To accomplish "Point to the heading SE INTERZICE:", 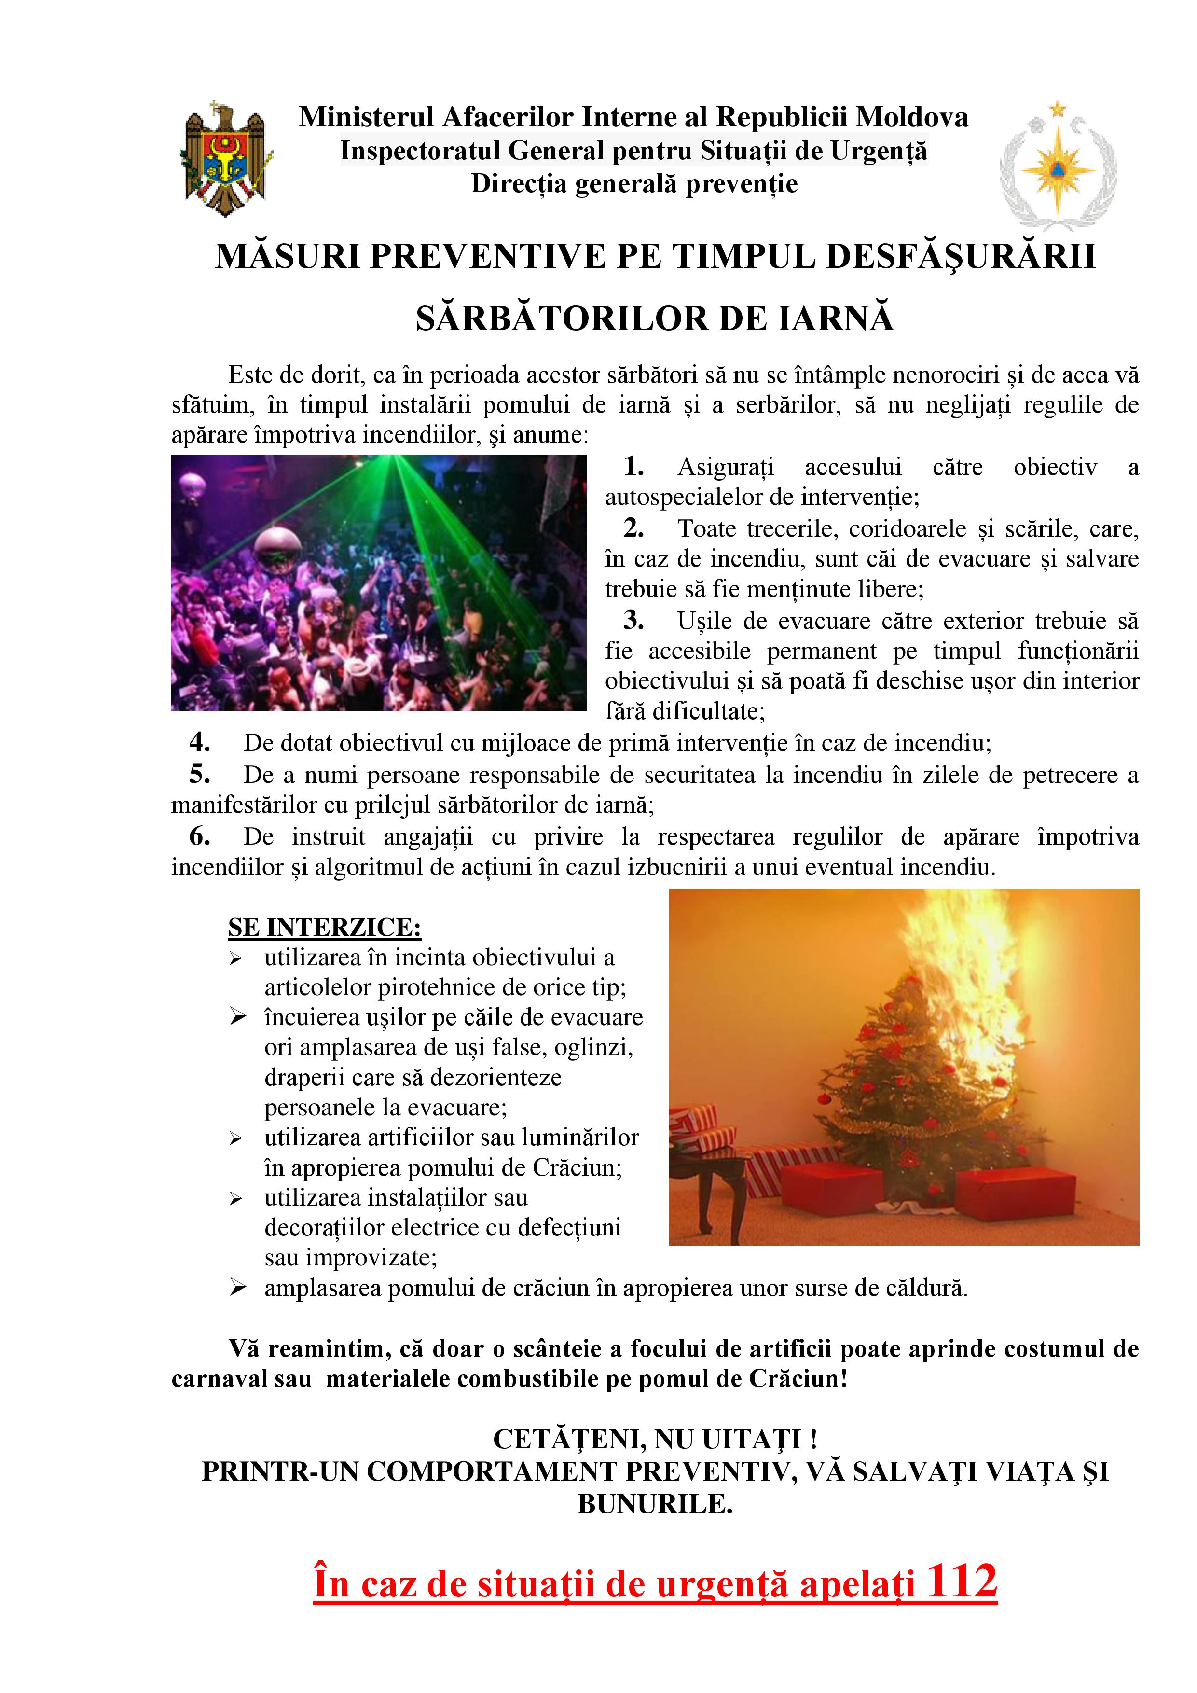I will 324,927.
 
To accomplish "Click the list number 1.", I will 633,466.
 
